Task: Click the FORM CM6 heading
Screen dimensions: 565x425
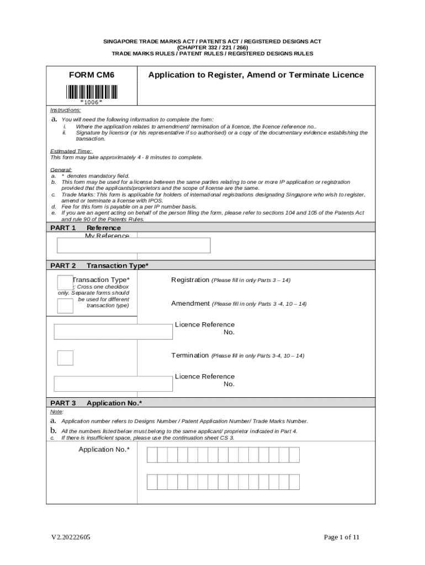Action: [x=92, y=74]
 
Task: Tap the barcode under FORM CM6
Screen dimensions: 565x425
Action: [x=92, y=92]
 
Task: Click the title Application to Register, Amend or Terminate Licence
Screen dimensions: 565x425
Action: [x=256, y=74]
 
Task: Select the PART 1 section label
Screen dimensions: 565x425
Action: [x=63, y=228]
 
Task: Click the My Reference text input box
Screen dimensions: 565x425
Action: [x=134, y=246]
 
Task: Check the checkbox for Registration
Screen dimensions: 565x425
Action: [x=65, y=282]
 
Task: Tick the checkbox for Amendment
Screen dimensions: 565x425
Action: [x=65, y=306]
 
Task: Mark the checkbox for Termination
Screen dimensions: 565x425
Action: [x=65, y=358]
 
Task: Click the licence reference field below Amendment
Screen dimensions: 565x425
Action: [x=113, y=332]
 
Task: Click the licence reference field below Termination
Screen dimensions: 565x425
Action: [x=113, y=383]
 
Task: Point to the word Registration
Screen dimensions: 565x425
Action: [x=190, y=280]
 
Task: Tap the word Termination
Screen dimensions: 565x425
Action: [x=190, y=356]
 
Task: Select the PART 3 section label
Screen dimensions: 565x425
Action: [x=63, y=403]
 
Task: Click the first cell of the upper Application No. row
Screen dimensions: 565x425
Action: [x=152, y=455]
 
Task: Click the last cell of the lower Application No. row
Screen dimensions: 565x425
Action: [x=294, y=482]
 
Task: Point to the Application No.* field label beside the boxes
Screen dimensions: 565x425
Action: [x=104, y=450]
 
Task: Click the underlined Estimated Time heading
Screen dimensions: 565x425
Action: [x=71, y=151]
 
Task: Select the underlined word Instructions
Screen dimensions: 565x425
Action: [x=66, y=110]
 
